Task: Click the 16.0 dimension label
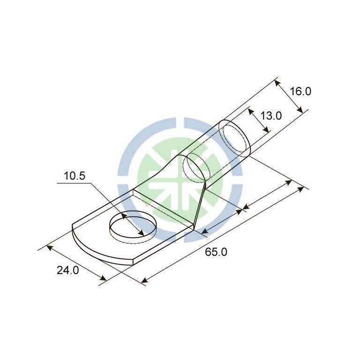(300, 91)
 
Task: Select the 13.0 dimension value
(271, 116)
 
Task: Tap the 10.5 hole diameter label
(75, 176)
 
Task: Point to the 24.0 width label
(67, 270)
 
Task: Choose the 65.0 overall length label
(216, 252)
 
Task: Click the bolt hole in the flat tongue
(133, 226)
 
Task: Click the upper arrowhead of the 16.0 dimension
(277, 83)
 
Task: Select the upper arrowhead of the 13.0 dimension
(251, 112)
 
